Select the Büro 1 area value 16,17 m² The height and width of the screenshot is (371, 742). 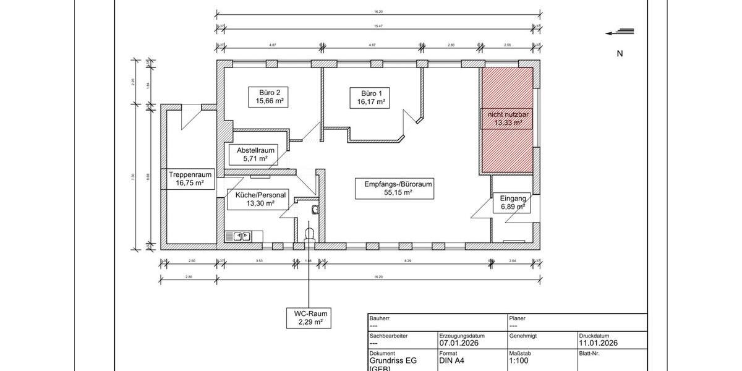click(x=371, y=101)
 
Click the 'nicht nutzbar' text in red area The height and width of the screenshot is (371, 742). click(x=508, y=114)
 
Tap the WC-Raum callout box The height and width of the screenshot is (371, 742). click(x=307, y=318)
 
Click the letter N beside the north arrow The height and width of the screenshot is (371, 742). click(x=620, y=54)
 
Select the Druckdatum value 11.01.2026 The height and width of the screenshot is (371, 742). click(x=597, y=343)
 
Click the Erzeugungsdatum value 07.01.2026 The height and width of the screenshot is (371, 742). click(x=459, y=343)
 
